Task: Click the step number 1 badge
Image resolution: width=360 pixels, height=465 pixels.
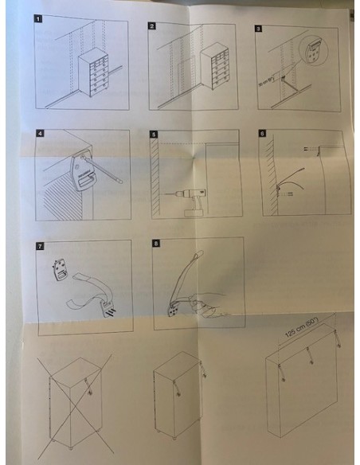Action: (38, 19)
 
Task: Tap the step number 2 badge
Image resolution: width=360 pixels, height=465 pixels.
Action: (151, 26)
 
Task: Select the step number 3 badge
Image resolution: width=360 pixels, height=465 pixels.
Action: (258, 29)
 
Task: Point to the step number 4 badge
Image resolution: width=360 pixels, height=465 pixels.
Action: (40, 133)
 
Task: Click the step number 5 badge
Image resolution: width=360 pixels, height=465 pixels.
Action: (154, 135)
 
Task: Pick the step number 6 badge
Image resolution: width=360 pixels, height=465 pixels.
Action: (262, 133)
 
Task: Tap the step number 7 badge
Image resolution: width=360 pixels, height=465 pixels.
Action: (40, 246)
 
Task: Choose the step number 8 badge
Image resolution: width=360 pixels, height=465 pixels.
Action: (156, 244)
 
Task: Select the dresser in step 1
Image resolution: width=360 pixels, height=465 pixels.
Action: (93, 75)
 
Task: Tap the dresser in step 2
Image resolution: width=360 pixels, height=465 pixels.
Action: (214, 68)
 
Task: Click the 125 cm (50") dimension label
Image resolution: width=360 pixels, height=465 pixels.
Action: (301, 327)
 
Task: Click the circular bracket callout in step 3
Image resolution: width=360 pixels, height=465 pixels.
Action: (314, 50)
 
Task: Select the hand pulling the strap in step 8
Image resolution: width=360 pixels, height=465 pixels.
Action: (208, 306)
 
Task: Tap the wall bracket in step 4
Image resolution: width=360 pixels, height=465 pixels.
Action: (82, 171)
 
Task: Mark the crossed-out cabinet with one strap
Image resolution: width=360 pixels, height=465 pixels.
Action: (76, 403)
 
